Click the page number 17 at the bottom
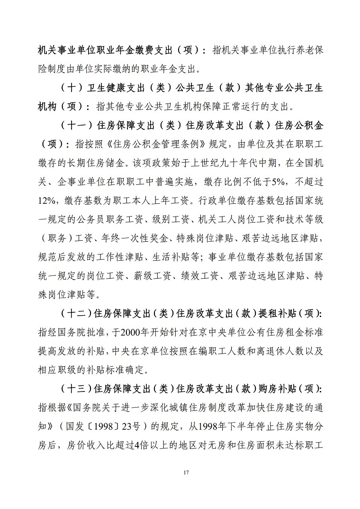pyautogui.click(x=180, y=473)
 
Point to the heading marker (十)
pyautogui.click(x=73, y=89)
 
